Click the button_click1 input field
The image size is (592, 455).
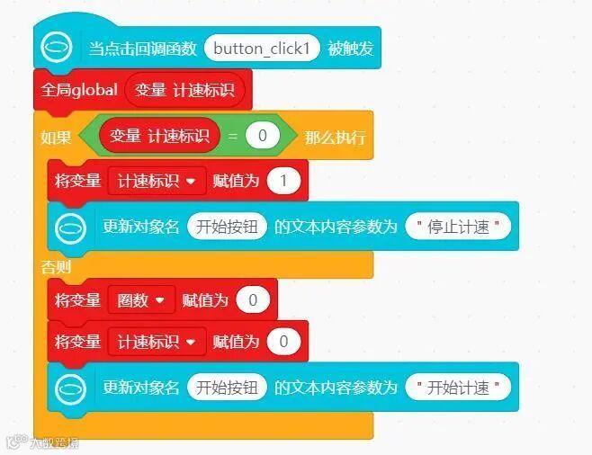coord(262,49)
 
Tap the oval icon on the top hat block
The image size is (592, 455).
coord(58,48)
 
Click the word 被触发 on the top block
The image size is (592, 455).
coord(349,49)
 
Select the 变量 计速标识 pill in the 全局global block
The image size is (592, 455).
coord(184,90)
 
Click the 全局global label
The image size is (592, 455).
coord(79,90)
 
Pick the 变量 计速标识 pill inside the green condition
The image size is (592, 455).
coord(159,136)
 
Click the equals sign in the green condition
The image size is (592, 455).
coord(232,137)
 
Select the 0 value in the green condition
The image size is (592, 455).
coord(262,137)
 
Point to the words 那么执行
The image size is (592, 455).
coord(336,138)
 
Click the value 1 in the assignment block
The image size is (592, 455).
coord(283,180)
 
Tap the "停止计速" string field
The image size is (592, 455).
coord(458,227)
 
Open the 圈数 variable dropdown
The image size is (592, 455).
coord(140,299)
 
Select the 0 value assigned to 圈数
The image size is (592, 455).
coord(253,299)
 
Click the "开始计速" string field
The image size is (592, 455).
coord(458,388)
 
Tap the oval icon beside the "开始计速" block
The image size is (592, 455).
coord(72,388)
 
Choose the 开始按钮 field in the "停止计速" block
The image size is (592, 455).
coord(227,227)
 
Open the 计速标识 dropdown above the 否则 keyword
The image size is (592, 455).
coord(157,180)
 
